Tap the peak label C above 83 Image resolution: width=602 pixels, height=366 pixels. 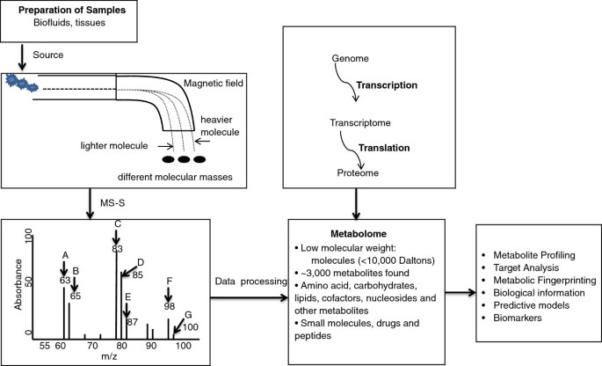tap(117, 223)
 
